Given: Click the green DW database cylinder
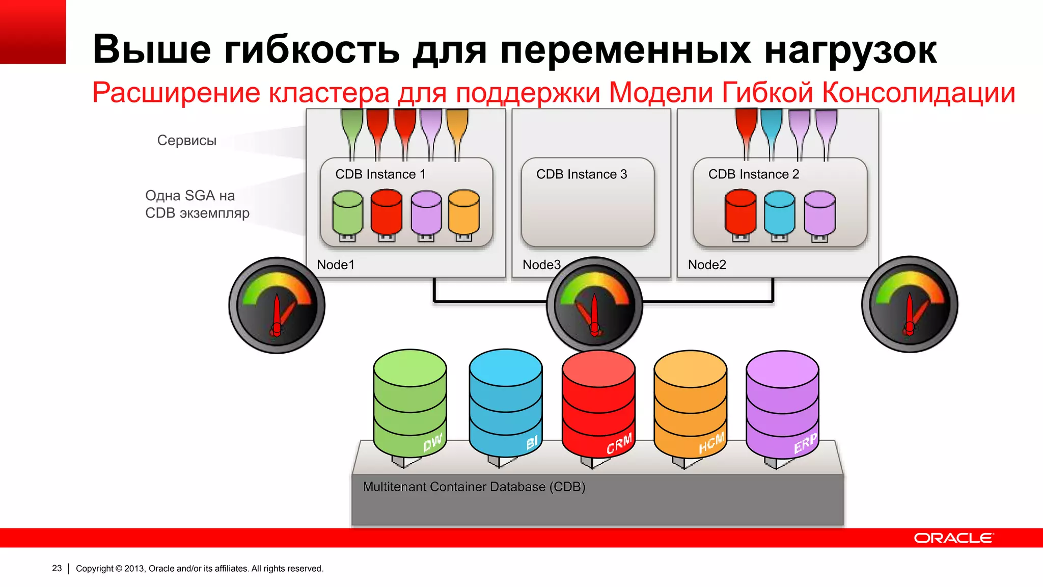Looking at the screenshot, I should tap(410, 403).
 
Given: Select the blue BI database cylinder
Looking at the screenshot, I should tap(506, 403).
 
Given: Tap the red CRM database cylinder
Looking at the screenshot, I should tap(598, 403).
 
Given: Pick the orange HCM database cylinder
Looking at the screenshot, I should tap(691, 403).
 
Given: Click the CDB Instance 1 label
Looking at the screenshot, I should tap(380, 174).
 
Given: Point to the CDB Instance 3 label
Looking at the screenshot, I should tap(582, 174).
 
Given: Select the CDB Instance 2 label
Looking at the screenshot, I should tap(754, 174).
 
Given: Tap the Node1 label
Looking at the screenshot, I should tap(336, 265).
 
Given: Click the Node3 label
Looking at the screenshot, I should tap(541, 265).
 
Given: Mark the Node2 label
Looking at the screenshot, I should tap(707, 265).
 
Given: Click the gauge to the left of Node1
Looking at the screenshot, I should tap(277, 305).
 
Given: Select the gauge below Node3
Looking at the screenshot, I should tap(594, 305).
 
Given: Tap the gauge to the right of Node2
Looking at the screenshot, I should tap(910, 304).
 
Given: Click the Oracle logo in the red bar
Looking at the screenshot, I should tap(953, 538).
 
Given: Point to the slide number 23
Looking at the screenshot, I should tap(57, 568).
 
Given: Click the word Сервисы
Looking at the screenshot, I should tap(187, 140).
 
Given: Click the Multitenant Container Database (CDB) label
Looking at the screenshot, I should tap(474, 487).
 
